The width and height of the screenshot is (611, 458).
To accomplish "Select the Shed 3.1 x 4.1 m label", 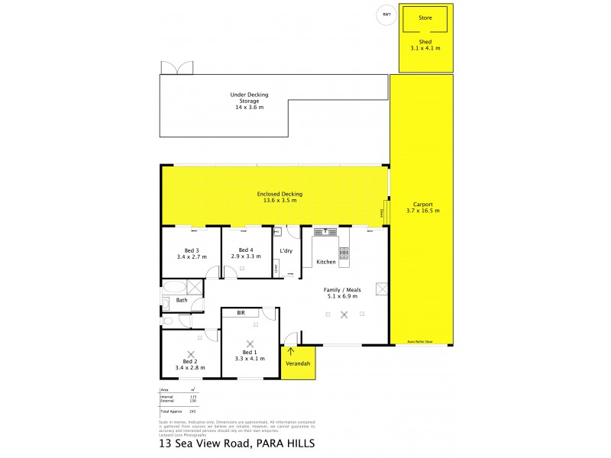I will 425,44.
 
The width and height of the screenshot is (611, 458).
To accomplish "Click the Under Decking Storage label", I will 249,101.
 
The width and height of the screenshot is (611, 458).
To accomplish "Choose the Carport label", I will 422,207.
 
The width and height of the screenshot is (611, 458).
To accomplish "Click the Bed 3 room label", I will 192,253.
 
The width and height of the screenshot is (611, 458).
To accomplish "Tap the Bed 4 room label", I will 245,253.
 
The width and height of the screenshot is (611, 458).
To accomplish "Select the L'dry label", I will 286,250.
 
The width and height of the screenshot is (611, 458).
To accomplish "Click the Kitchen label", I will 327,262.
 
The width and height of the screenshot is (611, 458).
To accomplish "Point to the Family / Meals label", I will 341,292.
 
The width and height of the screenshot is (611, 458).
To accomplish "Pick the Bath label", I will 182,300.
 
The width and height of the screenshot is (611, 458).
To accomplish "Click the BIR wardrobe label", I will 241,314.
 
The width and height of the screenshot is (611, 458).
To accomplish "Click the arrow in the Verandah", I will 291,352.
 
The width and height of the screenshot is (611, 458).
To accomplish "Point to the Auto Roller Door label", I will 419,341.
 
